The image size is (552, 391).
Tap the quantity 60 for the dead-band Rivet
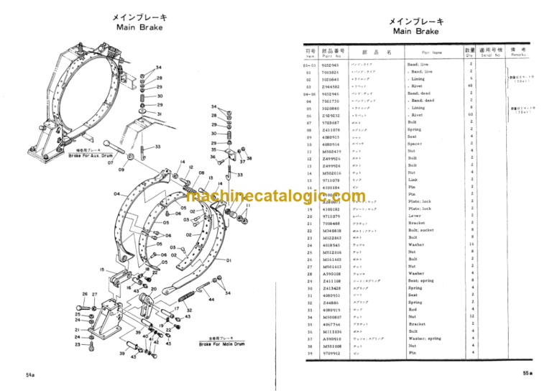point(471,115)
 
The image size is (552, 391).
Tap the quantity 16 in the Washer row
point(471,244)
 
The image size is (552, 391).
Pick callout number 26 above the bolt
point(85,294)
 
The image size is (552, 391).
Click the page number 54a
point(30,375)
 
